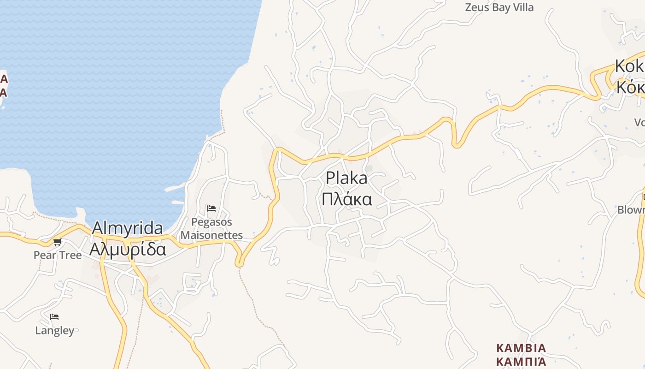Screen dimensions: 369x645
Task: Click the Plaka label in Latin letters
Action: tap(346, 178)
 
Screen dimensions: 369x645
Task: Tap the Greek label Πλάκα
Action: tap(346, 199)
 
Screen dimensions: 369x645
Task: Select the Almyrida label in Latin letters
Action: tap(128, 228)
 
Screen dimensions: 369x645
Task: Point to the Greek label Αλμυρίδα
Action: tap(128, 249)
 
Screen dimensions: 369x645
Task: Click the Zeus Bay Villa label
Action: tap(499, 7)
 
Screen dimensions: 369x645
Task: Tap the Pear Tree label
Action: tap(58, 255)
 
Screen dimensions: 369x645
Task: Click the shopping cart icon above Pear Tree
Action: tap(57, 242)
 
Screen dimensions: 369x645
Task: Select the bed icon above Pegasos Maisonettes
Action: tap(211, 208)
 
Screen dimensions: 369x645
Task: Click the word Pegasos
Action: tap(211, 222)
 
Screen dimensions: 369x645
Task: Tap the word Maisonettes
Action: tap(211, 235)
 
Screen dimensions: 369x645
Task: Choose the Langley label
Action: tap(54, 331)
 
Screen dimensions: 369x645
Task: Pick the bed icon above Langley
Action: tap(54, 317)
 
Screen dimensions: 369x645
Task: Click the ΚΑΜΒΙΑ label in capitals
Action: tap(521, 348)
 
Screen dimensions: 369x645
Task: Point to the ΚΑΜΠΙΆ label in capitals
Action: tap(521, 361)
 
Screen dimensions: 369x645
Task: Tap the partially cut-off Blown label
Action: tap(631, 210)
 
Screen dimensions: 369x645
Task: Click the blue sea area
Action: tap(115, 92)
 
